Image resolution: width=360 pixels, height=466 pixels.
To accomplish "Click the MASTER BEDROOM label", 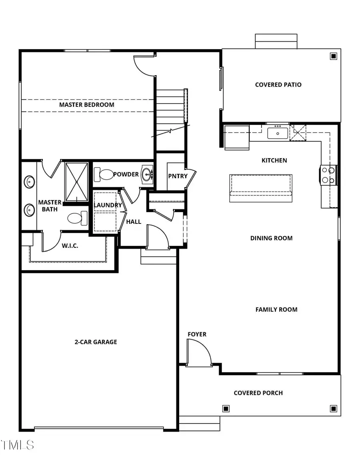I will tap(87, 105).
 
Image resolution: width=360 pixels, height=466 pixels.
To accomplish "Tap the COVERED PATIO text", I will tap(278, 85).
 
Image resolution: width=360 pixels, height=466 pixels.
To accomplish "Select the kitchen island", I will tap(260, 188).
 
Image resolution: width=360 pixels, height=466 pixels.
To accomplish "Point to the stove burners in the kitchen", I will tap(328, 175).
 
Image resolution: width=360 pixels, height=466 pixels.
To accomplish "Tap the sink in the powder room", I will tap(148, 174).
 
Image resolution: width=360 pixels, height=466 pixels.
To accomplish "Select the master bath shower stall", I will tap(76, 181).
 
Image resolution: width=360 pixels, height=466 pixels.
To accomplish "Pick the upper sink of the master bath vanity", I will tap(29, 182).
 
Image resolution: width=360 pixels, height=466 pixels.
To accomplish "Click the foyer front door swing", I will tap(199, 352).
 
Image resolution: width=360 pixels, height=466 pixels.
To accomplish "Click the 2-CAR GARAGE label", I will tap(96, 342).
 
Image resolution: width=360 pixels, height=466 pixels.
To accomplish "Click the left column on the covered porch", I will tap(226, 408).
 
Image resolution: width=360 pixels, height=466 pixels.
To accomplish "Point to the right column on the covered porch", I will tap(333, 408).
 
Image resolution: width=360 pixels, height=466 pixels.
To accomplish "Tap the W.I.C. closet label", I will tap(70, 246).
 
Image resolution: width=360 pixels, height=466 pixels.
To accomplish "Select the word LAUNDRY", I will tap(108, 205).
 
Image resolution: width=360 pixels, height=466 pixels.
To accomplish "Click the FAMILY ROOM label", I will tap(276, 309).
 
